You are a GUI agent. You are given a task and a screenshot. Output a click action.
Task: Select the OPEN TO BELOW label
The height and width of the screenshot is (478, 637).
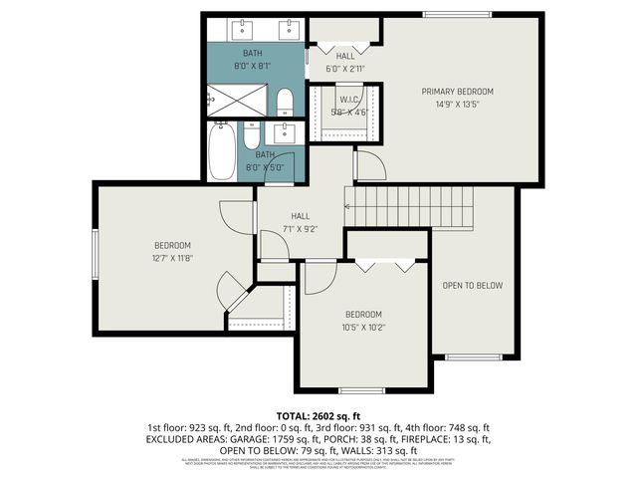[x=473, y=286]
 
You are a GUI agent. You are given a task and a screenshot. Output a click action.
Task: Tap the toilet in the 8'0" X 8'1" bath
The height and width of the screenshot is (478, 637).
[x=284, y=101]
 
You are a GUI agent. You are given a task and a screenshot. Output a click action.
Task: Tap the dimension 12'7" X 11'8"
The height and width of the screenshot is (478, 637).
[x=172, y=257]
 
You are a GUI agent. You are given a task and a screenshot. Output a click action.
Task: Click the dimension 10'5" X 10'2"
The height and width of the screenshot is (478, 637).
[x=363, y=326]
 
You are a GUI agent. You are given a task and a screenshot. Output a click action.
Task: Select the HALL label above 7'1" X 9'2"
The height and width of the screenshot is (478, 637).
[x=301, y=216]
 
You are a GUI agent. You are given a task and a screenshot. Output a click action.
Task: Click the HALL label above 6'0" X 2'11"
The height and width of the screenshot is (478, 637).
[x=345, y=57]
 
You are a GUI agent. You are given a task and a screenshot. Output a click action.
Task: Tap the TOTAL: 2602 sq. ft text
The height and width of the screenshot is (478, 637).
[x=318, y=415]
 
